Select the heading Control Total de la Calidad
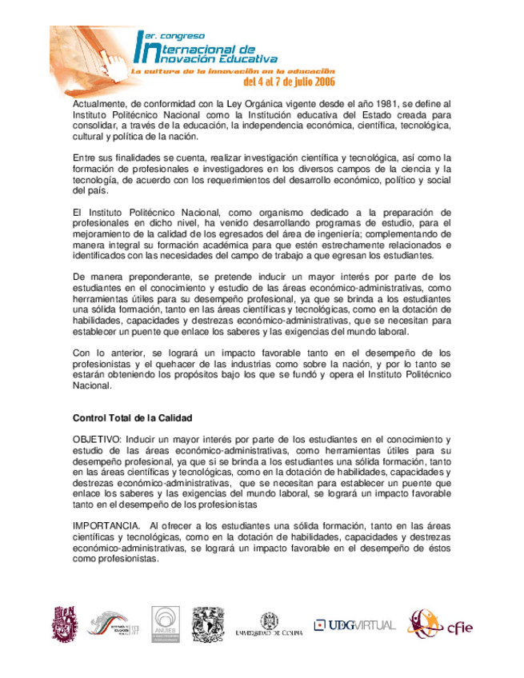click(x=132, y=417)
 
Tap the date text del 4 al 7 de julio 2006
click(x=288, y=82)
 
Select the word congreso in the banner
click(x=182, y=35)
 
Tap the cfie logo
click(x=439, y=624)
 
